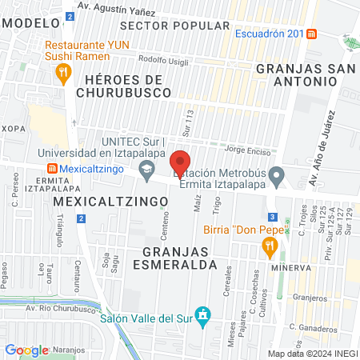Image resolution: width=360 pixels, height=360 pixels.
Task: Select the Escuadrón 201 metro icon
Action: point(311,34)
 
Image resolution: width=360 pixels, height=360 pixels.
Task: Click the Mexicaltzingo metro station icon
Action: point(52,169)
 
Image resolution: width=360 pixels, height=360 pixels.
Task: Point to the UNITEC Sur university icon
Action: point(146,170)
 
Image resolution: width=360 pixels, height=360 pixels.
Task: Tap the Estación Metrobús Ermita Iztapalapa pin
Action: point(277,174)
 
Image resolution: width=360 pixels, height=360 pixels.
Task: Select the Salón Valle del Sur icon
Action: point(203,317)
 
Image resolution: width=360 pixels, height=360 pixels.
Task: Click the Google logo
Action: point(26,350)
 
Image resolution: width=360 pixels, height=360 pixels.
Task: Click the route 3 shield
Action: point(274,217)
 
